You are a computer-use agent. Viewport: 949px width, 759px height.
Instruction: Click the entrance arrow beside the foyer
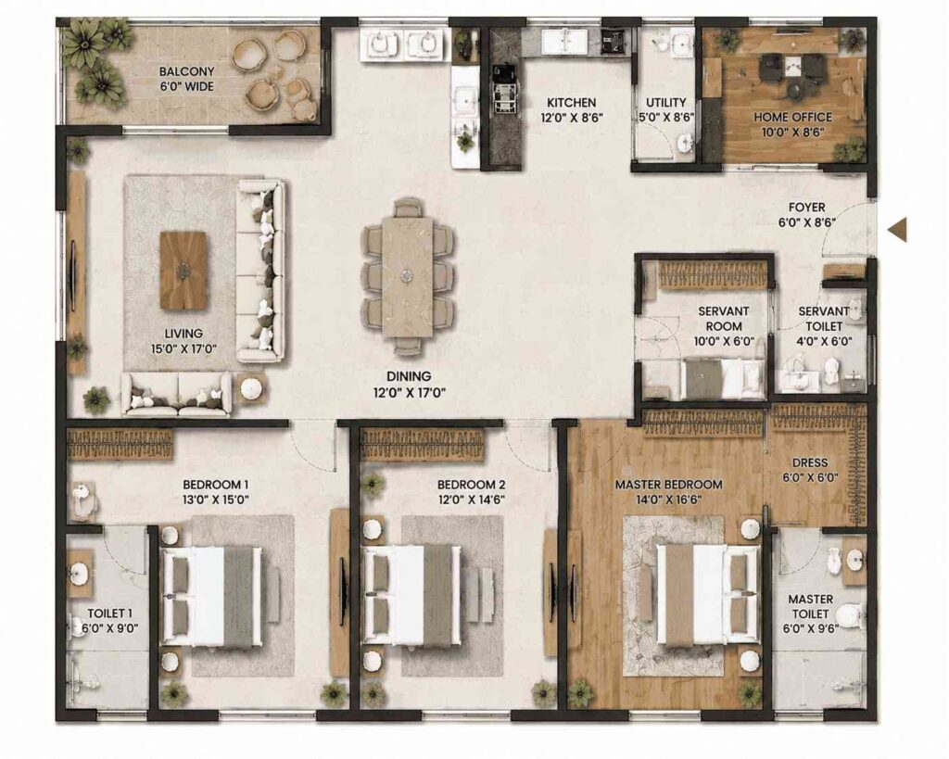tap(898, 230)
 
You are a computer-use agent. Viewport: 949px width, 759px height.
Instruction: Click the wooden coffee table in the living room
tap(183, 270)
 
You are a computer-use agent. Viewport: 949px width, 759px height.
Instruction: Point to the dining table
tap(408, 276)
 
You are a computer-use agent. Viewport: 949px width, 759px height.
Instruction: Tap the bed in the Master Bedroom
tap(707, 594)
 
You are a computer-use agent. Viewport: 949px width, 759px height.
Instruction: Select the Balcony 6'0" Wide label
tap(186, 79)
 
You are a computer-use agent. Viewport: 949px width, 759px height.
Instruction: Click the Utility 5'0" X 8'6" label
tap(665, 109)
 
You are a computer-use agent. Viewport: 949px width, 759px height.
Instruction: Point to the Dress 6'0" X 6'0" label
tap(810, 470)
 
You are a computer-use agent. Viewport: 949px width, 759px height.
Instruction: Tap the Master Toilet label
tap(810, 606)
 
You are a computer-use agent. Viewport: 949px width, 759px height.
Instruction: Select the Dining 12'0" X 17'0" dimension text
tap(409, 393)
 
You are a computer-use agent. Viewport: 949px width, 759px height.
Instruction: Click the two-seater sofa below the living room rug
tap(177, 394)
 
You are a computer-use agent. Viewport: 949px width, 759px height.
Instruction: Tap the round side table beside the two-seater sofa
tap(250, 389)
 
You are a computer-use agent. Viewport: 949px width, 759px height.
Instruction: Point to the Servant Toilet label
tap(824, 319)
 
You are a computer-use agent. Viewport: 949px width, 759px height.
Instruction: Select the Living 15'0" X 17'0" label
tap(184, 341)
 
